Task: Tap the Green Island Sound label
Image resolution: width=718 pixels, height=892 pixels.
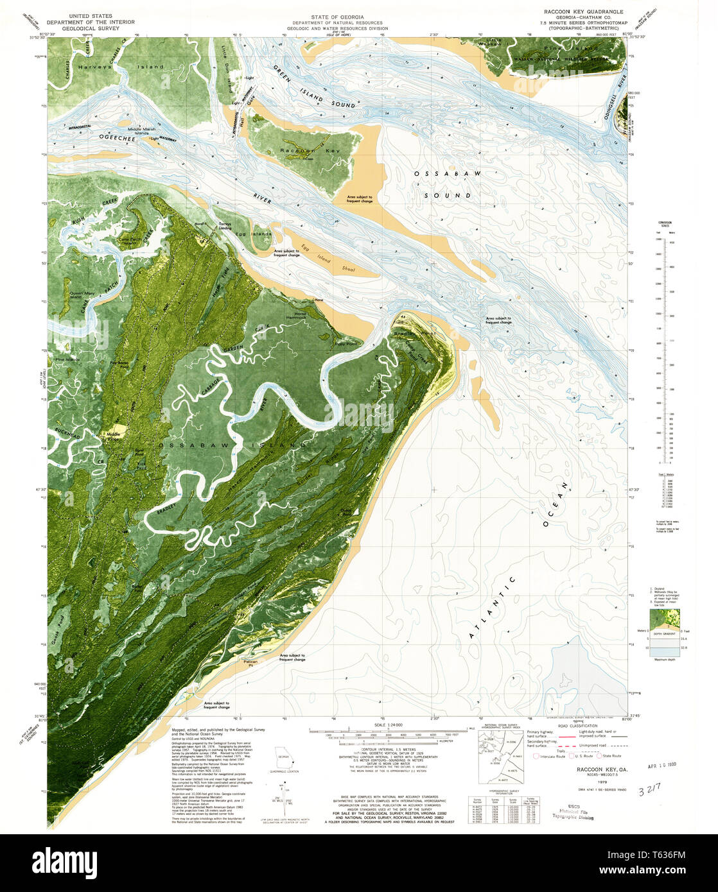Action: (312, 86)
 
